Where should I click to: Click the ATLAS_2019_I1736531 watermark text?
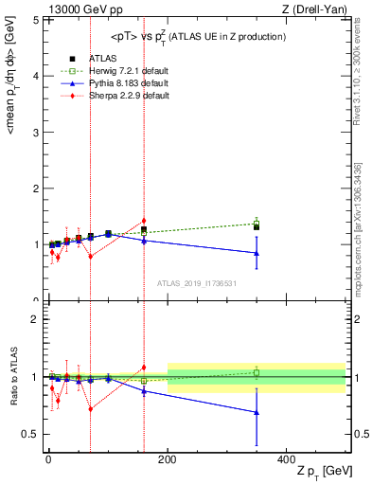(197, 283)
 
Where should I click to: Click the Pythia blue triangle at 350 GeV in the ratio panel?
(257, 412)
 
